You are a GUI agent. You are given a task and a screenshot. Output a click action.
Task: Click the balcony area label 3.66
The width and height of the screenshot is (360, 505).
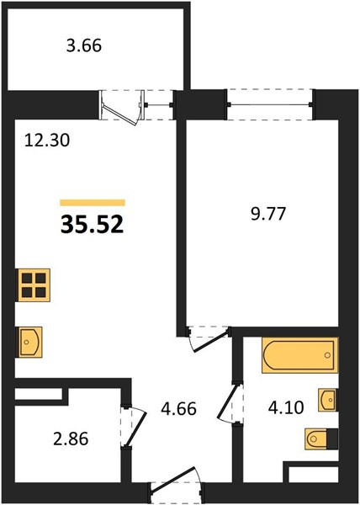84,45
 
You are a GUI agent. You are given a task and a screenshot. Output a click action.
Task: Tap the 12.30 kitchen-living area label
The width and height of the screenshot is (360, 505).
47,141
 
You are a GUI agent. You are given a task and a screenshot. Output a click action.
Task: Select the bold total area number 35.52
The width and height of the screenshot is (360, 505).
92,225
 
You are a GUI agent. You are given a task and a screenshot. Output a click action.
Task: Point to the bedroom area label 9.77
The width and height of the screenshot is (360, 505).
268,214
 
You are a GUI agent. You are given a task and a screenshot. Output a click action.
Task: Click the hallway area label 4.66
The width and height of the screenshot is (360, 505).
179,409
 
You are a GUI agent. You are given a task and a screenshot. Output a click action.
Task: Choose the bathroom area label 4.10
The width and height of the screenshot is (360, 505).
286,407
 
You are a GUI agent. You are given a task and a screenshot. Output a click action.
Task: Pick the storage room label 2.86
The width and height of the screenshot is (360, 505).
71,439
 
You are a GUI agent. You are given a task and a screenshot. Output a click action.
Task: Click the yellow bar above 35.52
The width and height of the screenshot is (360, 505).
93,203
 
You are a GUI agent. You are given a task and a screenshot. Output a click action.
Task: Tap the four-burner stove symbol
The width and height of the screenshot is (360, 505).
34,285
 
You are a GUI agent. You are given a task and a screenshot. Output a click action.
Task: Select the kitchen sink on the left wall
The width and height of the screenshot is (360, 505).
29,342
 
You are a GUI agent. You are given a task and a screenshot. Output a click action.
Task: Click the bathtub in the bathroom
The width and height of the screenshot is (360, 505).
299,355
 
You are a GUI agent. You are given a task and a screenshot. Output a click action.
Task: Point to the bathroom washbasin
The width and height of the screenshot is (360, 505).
327,400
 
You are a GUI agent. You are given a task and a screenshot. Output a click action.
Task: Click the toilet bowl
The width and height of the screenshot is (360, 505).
316,439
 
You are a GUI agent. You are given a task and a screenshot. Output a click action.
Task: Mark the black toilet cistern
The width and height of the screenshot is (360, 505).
332,439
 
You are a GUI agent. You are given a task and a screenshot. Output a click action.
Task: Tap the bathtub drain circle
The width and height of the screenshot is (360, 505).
327,355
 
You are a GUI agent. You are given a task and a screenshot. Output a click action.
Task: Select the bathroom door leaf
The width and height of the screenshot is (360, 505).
229,402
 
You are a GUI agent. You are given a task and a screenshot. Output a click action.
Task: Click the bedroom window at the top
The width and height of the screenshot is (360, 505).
270,104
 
